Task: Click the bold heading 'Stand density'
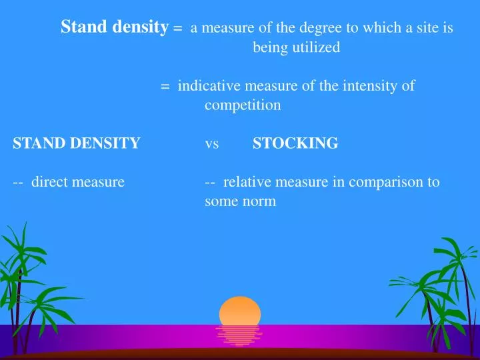pyautogui.click(x=113, y=27)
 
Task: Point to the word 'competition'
pyautogui.click(x=243, y=105)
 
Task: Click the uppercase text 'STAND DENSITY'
pyautogui.click(x=77, y=143)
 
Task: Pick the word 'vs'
pyautogui.click(x=212, y=143)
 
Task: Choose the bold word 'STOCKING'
pyautogui.click(x=295, y=143)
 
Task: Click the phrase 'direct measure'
pyautogui.click(x=78, y=181)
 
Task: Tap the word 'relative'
pyautogui.click(x=247, y=181)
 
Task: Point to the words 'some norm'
pyautogui.click(x=240, y=201)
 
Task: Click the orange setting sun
pyautogui.click(x=240, y=311)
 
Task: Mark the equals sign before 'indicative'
pyautogui.click(x=165, y=86)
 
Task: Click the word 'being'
pyautogui.click(x=268, y=47)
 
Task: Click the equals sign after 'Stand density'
pyautogui.click(x=177, y=29)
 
